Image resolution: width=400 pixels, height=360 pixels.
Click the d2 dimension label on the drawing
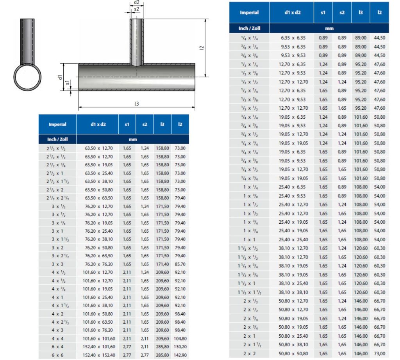(137, 3)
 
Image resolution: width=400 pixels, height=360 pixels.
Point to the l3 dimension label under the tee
(136, 104)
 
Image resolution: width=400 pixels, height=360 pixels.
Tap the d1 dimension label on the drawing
(61, 77)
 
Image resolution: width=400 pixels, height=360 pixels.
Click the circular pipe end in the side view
(27, 77)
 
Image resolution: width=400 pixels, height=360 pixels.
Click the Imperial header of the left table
(57, 124)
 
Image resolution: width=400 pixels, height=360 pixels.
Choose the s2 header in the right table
(342, 12)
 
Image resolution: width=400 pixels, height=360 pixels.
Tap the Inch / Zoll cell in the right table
(249, 29)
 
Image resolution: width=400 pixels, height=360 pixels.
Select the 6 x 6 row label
(57, 355)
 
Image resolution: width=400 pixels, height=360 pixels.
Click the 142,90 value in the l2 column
(180, 355)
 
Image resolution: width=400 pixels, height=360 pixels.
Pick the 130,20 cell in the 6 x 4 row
(180, 347)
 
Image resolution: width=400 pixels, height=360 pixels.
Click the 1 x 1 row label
(249, 239)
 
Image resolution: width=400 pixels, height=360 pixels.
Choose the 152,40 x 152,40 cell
(100, 355)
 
